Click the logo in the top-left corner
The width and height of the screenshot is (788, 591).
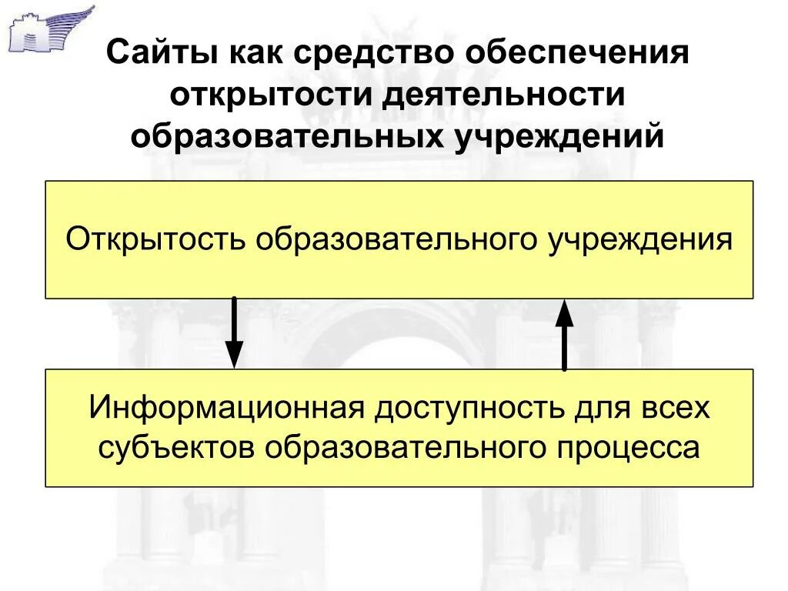click(x=51, y=29)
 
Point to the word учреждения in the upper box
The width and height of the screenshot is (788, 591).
click(x=638, y=239)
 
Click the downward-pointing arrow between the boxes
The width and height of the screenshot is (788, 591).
click(x=234, y=332)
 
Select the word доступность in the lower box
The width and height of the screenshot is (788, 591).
click(x=469, y=407)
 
